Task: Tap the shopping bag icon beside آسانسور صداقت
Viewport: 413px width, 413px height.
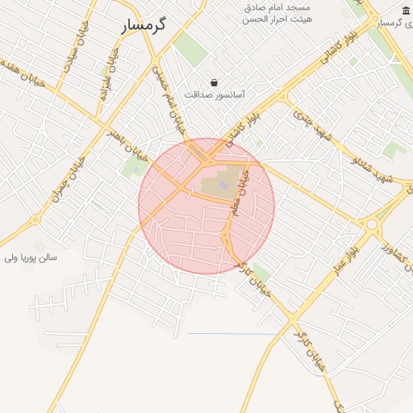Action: point(214,81)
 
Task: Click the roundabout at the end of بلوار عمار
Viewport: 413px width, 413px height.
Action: point(372,225)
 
